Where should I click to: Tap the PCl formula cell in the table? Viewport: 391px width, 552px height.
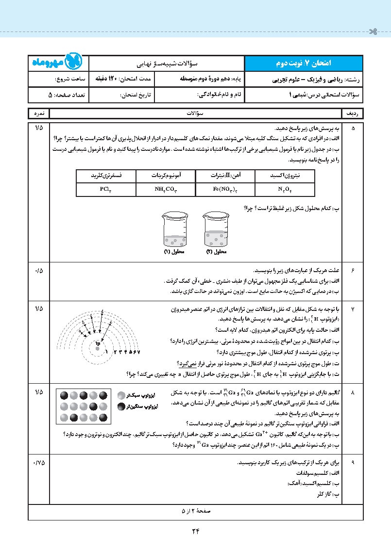(106, 189)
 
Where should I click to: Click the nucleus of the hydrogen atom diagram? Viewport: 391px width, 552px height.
(98, 343)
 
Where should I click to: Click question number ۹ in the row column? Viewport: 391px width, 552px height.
(353, 462)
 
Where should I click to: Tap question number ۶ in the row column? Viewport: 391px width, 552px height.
(353, 270)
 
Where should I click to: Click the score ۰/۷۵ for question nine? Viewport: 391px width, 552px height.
(39, 462)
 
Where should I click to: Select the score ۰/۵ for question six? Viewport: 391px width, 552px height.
(39, 270)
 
